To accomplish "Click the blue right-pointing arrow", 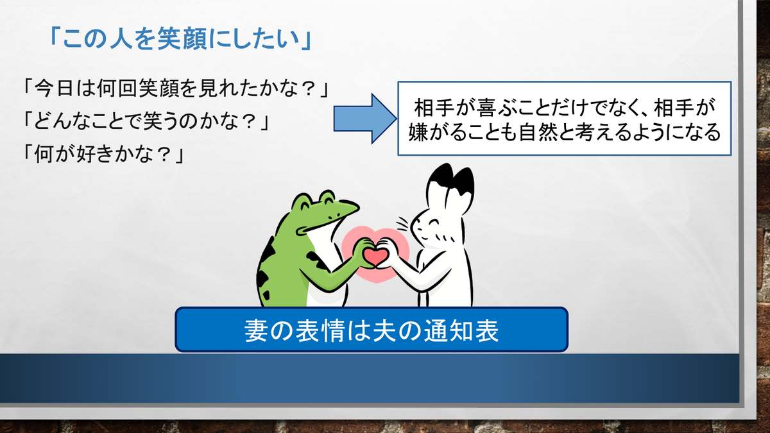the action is point(365,119).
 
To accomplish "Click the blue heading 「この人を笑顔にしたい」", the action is point(180,38).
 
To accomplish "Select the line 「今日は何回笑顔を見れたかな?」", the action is point(176,88).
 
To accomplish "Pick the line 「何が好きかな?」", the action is point(103,153).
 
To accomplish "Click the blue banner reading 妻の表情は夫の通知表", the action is point(372,330).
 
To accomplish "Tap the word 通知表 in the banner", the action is point(461,330).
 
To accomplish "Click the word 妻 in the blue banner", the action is point(257,330).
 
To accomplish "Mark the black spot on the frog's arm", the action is point(318,261).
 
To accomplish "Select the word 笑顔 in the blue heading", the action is point(182,38).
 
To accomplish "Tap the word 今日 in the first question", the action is point(54,88).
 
